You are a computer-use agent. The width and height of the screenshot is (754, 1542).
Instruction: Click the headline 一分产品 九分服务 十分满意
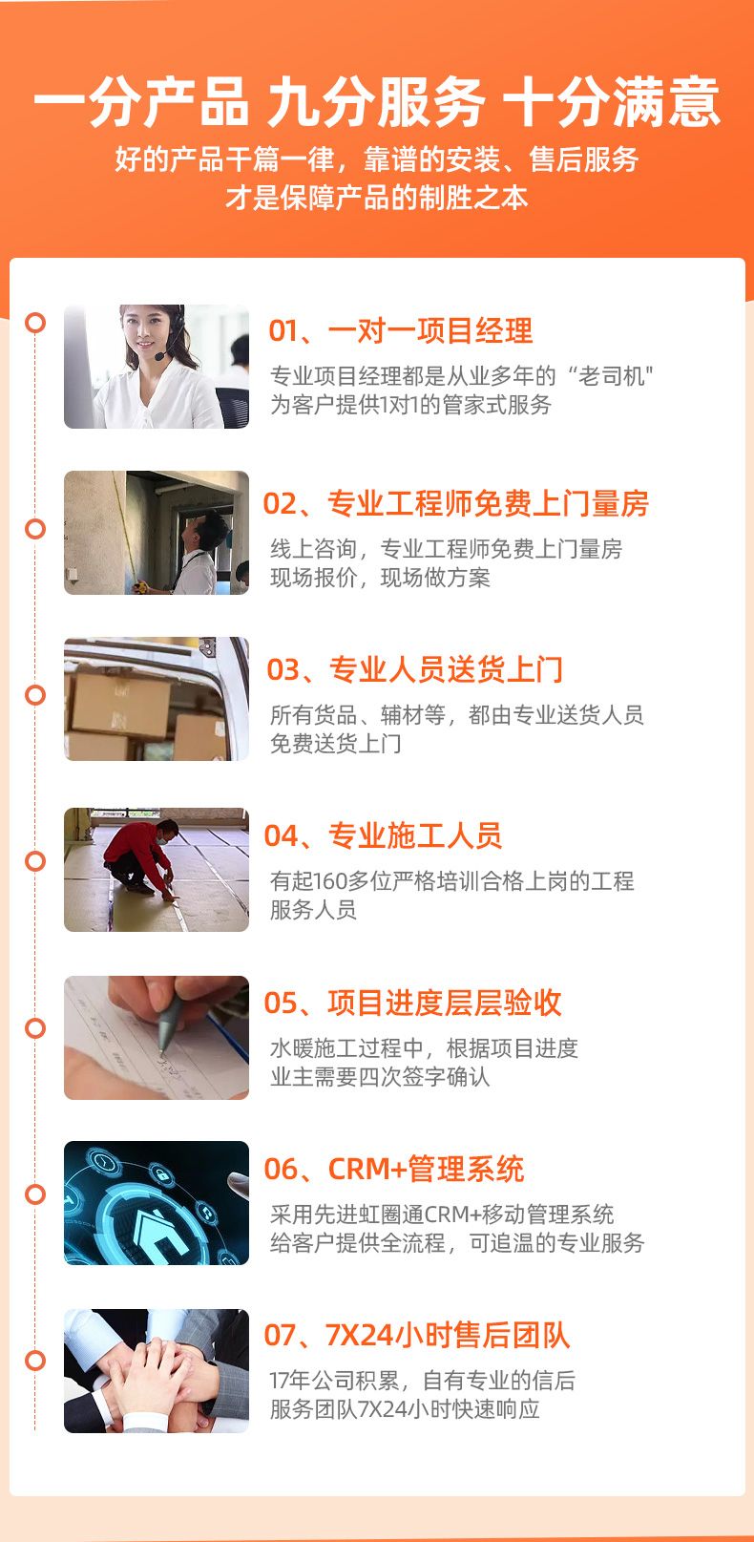coord(377,102)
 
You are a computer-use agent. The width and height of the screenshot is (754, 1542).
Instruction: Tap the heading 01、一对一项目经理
coord(401,330)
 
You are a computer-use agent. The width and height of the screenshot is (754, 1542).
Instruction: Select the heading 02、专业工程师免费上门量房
coord(456,503)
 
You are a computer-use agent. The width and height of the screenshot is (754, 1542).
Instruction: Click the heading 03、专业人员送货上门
coord(415,669)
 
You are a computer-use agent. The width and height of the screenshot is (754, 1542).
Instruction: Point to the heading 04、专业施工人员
coord(383,835)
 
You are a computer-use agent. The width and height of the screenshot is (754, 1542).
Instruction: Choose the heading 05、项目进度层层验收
coord(412,1003)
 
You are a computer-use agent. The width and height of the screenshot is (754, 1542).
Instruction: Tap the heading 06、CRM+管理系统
coord(394,1169)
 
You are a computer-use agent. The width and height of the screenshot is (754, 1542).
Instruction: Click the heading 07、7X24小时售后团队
coord(417,1336)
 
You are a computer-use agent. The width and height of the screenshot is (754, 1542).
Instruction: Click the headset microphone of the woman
coord(160,356)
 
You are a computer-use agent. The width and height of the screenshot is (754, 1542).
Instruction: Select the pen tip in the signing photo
coord(162,1050)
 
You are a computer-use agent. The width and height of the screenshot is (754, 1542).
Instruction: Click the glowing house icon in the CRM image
coord(157,1229)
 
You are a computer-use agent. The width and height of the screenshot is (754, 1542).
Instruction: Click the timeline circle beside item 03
coord(35,694)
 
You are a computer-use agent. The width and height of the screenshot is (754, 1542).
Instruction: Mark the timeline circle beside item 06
coord(35,1193)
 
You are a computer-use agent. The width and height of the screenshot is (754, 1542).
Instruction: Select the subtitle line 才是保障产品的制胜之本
coord(377,198)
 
